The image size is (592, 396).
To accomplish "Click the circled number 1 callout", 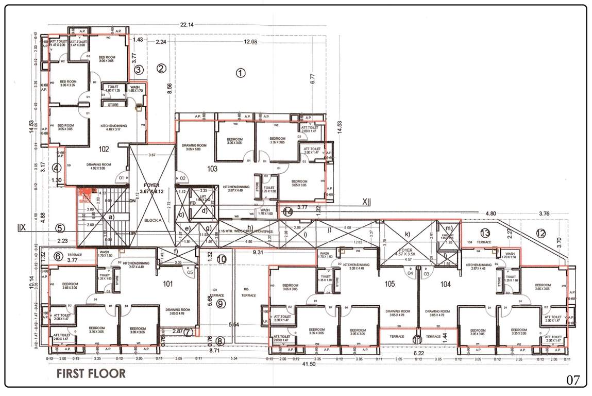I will point(240,73).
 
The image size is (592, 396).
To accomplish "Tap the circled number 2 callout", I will point(161,68).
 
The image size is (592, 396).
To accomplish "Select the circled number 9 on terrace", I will point(221,303).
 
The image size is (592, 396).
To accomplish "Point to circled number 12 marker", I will point(540,233).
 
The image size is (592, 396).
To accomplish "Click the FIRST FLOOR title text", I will point(91,373).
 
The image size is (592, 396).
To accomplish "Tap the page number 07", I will point(573,381).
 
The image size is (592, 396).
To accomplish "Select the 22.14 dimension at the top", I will point(187,25).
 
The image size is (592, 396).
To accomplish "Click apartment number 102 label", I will point(104,150).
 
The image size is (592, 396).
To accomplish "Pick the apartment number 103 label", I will point(212,168).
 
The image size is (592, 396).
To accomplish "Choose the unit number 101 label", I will point(168,283).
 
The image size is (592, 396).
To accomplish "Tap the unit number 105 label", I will point(389,284).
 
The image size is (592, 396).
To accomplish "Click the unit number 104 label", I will point(446,284).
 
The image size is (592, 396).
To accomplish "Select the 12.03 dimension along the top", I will point(250,42).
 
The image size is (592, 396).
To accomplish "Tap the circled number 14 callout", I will point(287,211).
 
